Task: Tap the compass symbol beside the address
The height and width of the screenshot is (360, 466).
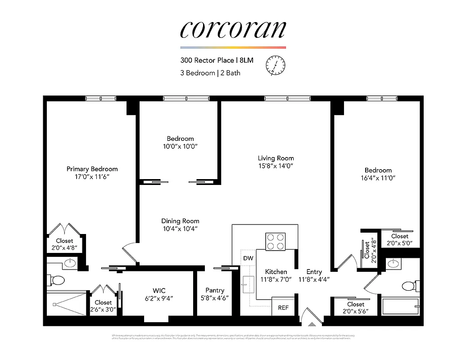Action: click(276, 65)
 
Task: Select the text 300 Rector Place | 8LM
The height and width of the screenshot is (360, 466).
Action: click(214, 60)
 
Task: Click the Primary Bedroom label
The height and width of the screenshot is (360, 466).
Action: click(92, 169)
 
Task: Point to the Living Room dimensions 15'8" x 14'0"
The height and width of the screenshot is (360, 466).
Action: click(276, 166)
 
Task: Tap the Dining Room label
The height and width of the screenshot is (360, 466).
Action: click(180, 221)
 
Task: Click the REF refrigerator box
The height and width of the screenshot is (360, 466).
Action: click(283, 308)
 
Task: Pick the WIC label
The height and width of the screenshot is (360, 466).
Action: click(159, 291)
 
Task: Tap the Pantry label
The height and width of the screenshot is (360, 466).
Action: click(215, 290)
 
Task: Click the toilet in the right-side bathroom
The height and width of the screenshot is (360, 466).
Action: click(410, 286)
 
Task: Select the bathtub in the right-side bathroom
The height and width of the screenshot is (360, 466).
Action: click(400, 306)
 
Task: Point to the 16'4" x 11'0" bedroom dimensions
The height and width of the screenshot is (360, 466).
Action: click(378, 178)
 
